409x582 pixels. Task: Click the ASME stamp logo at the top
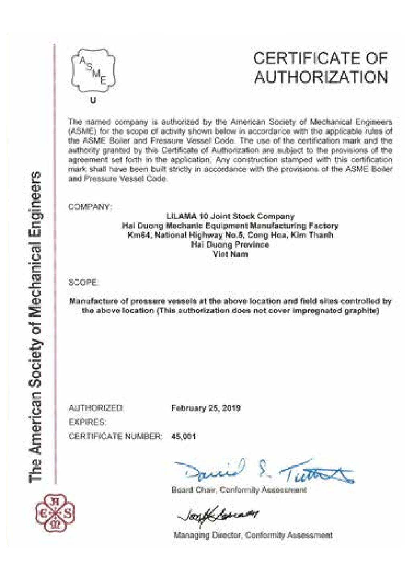click(x=93, y=71)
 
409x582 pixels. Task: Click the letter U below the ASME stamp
click(x=93, y=100)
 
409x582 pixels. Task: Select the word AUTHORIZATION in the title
click(x=321, y=77)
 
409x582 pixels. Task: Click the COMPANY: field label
click(x=90, y=207)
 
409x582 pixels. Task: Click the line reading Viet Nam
click(x=230, y=254)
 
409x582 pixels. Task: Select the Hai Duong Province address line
click(x=230, y=245)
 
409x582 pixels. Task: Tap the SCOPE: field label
click(x=83, y=282)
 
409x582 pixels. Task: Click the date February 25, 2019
click(x=206, y=408)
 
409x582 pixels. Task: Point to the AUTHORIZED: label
click(x=96, y=408)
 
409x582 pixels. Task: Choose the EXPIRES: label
click(x=87, y=422)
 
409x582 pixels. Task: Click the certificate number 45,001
click(x=183, y=436)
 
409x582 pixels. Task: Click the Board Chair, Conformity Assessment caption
click(x=239, y=490)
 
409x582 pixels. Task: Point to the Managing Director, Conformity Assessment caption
click(x=253, y=535)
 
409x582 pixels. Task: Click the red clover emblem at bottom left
click(x=55, y=513)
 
